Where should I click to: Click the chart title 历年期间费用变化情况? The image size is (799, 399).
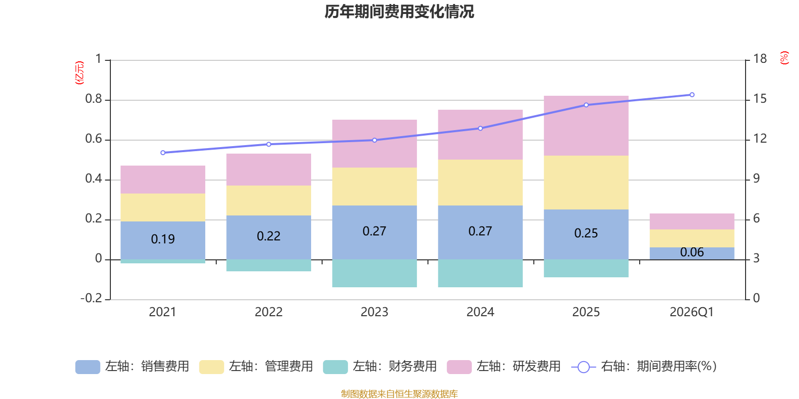click(399, 11)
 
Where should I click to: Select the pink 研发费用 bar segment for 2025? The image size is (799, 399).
click(586, 126)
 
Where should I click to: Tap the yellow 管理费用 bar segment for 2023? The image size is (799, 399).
click(375, 187)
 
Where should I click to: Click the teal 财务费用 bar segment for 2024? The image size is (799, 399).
click(480, 273)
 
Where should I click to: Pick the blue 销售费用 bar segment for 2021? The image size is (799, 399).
click(163, 240)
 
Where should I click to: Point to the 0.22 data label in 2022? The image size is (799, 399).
click(269, 236)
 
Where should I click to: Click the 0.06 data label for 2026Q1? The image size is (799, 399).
click(692, 252)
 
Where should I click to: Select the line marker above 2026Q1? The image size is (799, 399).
click(692, 95)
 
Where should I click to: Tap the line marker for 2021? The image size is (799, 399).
click(163, 153)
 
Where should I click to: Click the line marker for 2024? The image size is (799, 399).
click(480, 128)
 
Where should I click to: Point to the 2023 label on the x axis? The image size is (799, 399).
click(375, 312)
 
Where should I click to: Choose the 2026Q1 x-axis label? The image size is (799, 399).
click(692, 312)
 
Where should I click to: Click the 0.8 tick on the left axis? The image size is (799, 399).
click(94, 99)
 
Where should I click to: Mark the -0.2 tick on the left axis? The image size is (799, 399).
click(91, 298)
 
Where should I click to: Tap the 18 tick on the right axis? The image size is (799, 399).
click(760, 59)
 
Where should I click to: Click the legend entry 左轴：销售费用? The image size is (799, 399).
click(132, 367)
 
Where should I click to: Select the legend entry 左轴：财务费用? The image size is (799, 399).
click(380, 367)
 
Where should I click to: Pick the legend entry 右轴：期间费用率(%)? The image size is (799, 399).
click(644, 367)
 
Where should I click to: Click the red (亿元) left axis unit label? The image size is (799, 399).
click(79, 73)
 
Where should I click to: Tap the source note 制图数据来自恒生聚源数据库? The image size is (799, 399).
click(399, 394)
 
